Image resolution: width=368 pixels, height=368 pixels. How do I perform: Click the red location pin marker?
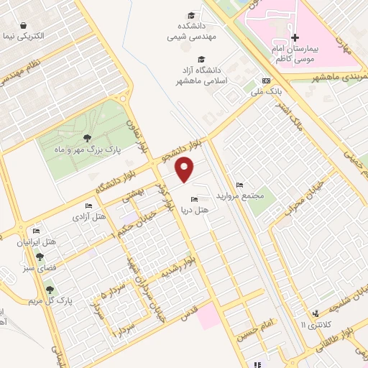tap(185, 169)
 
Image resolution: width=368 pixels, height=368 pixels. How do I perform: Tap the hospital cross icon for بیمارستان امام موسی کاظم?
tap(294, 37)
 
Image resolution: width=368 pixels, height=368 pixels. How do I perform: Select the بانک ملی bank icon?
tap(267, 80)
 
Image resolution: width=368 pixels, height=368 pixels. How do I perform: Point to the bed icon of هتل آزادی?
tap(88, 207)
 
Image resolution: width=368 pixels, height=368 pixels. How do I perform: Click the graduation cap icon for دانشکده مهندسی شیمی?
tap(191, 15)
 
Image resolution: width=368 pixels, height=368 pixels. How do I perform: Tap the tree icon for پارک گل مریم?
tap(50, 290)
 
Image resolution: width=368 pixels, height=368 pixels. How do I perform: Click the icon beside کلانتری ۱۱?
tap(316, 313)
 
